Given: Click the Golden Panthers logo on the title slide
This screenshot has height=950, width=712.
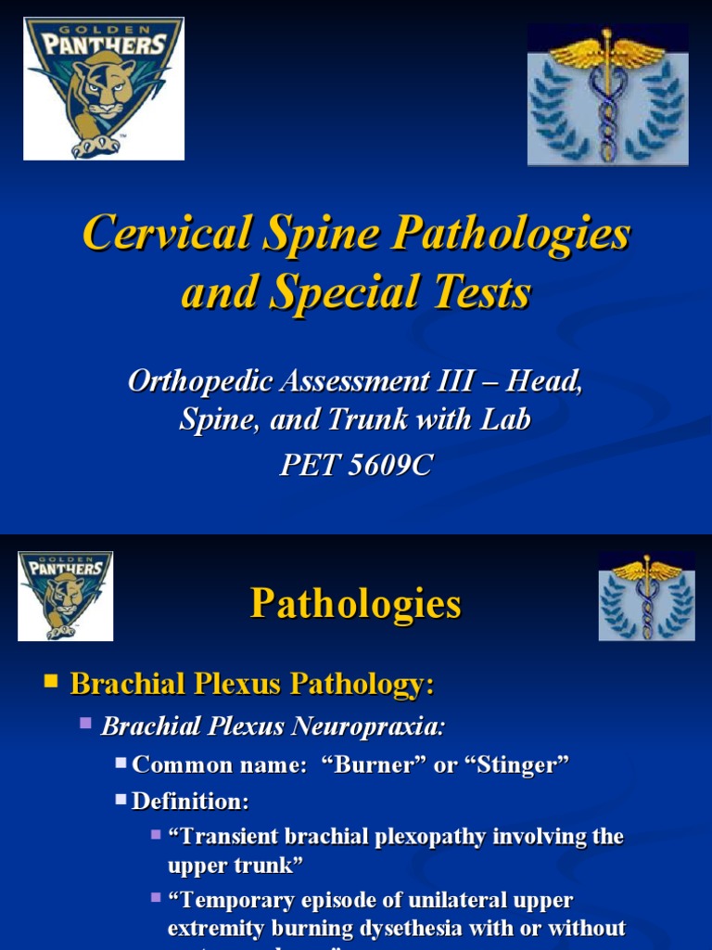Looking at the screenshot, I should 103,89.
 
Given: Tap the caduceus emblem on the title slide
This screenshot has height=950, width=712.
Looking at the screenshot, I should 607,95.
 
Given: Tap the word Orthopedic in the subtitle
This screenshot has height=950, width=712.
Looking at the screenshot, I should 191,381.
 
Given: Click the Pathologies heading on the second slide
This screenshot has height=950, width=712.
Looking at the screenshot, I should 355,604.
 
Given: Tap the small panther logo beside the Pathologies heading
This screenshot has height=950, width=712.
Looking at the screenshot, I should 66,596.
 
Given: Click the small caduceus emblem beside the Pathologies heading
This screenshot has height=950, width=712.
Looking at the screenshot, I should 645,596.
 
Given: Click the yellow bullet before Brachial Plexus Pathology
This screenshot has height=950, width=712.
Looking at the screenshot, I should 51,683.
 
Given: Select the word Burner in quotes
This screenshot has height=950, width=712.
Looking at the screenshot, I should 403,764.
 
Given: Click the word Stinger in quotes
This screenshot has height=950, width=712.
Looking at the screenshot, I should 520,764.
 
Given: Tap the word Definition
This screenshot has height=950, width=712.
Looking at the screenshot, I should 190,801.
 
